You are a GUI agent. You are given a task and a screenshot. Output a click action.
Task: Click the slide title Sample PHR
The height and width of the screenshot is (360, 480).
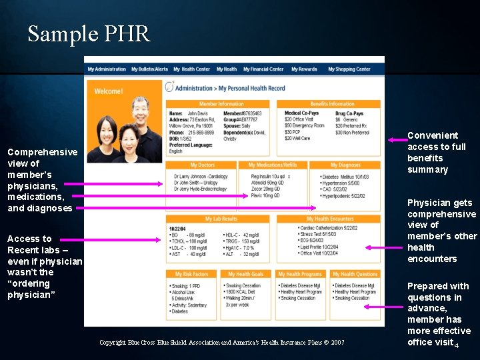[x=89, y=33]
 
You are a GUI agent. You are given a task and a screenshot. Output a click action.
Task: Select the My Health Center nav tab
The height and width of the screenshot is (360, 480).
[x=191, y=69]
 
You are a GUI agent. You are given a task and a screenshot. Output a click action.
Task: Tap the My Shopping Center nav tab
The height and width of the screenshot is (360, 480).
[x=349, y=69]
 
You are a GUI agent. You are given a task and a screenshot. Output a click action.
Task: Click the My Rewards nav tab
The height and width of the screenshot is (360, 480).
[x=303, y=69]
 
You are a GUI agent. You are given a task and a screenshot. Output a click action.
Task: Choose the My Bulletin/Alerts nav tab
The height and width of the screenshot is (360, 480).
[x=149, y=69]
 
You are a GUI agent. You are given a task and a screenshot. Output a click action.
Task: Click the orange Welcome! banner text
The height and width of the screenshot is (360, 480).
[x=109, y=91]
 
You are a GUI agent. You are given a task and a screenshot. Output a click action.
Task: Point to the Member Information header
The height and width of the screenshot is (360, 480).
[x=221, y=104]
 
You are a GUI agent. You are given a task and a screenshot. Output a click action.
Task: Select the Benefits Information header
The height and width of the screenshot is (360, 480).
[x=332, y=104]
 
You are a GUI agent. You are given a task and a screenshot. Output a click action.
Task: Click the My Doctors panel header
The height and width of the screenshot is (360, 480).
[x=203, y=165]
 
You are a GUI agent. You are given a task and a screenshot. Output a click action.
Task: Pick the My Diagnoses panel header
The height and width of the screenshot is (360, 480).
[x=345, y=165]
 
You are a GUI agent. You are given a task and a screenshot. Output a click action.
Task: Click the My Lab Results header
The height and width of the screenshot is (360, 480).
[x=221, y=219]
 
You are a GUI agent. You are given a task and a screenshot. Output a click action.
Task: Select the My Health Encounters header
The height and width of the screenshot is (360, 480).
[x=329, y=219]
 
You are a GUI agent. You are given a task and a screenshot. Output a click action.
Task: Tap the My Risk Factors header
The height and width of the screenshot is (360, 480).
[x=191, y=274]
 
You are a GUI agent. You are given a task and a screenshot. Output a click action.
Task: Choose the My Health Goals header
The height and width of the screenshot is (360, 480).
[x=246, y=274]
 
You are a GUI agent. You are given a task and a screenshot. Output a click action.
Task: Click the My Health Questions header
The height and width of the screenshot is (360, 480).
[x=355, y=274]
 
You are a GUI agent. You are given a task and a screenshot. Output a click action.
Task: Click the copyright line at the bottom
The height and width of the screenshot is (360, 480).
[x=221, y=342]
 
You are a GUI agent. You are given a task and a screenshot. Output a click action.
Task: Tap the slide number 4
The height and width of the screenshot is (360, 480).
[x=457, y=345]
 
